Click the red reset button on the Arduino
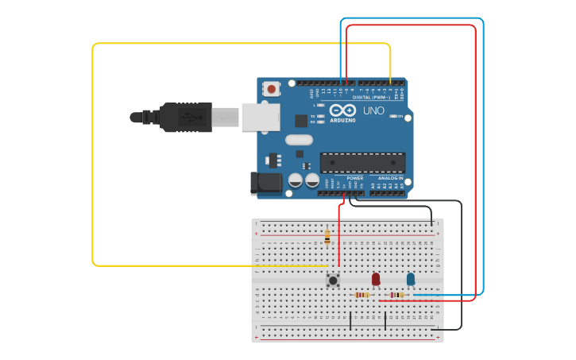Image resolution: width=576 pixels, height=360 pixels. click(x=272, y=89)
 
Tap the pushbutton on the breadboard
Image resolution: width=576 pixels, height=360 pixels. click(x=334, y=279)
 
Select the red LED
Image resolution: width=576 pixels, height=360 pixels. click(x=376, y=279)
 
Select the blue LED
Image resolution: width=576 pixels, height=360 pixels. click(x=411, y=279)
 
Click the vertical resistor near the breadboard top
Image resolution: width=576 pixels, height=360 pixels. click(x=327, y=236)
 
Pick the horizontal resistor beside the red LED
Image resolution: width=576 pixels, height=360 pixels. click(x=362, y=295)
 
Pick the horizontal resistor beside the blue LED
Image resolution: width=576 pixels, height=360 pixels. click(x=396, y=295)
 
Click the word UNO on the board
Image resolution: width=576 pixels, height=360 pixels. click(x=373, y=110)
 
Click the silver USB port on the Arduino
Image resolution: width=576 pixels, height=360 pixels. click(x=260, y=116)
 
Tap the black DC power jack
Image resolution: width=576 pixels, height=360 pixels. click(x=265, y=184)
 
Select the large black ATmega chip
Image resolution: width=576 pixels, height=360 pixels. click(x=362, y=162)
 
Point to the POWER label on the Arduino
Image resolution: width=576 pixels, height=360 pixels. click(x=354, y=178)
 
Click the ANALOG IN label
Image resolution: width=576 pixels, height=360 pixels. click(x=389, y=178)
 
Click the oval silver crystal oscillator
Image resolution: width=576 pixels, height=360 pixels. click(x=299, y=141)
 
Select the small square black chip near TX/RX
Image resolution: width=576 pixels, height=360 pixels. click(x=301, y=121)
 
